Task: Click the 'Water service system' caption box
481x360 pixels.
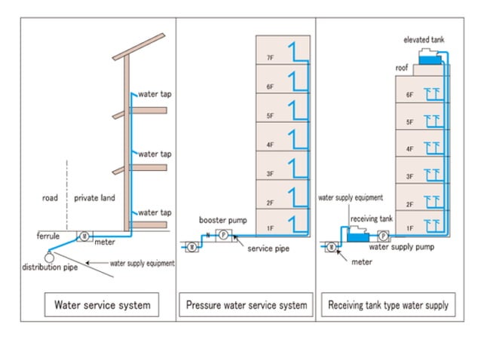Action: coord(102,305)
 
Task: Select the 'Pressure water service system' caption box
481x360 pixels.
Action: coord(247,305)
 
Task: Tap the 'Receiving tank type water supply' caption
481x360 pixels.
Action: coord(388,305)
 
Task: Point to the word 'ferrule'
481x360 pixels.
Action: coord(48,236)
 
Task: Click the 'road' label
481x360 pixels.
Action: coord(51,198)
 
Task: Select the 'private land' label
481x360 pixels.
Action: coord(96,198)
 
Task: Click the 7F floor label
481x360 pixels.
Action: coord(270,58)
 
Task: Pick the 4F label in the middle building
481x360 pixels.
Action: coord(270,145)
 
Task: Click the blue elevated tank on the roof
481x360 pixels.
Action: coord(429,59)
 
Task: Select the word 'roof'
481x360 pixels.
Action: coord(402,68)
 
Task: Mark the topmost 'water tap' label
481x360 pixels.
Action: coord(154,95)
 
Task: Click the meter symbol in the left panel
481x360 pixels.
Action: coord(85,236)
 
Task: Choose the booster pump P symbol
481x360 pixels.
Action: coord(223,235)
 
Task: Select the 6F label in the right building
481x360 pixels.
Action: coord(409,95)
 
